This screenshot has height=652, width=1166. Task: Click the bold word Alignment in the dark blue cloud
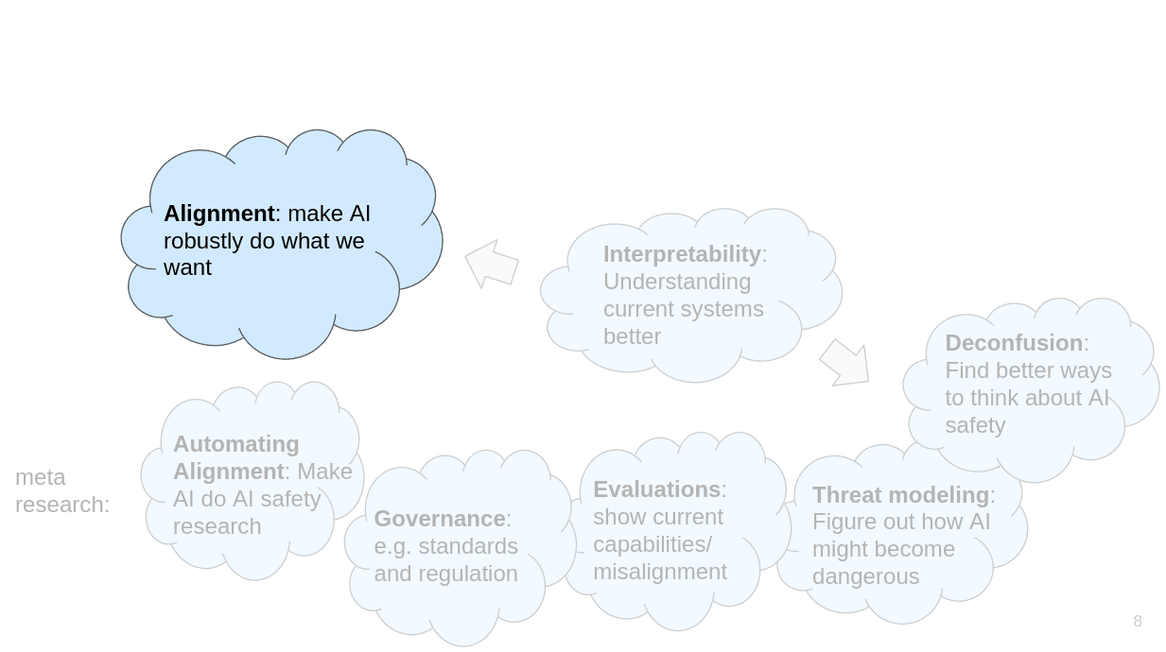[x=218, y=214]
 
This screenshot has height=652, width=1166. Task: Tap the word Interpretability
[x=681, y=254]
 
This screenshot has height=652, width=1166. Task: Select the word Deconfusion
[x=1013, y=343]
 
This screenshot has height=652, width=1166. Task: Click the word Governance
[x=439, y=519]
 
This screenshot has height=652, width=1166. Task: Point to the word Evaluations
[x=656, y=489]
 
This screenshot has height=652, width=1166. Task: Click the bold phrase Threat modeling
[x=899, y=495]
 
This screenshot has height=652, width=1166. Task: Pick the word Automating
[x=235, y=444]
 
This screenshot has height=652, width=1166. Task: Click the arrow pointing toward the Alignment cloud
[x=491, y=264]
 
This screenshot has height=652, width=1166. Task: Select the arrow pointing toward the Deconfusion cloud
[x=844, y=363]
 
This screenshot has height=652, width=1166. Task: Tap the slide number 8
[x=1138, y=621]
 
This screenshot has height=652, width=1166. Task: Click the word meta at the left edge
[x=40, y=477]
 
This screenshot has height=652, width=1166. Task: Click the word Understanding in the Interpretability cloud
[x=676, y=282]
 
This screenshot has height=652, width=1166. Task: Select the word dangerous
[x=865, y=576]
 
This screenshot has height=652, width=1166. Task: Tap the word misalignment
[x=659, y=572]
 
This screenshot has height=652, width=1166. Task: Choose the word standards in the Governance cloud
[x=467, y=546]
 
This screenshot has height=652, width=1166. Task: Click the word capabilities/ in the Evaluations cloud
[x=652, y=544]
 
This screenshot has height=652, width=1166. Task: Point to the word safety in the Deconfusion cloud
[x=974, y=425]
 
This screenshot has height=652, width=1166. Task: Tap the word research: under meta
[x=62, y=505]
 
